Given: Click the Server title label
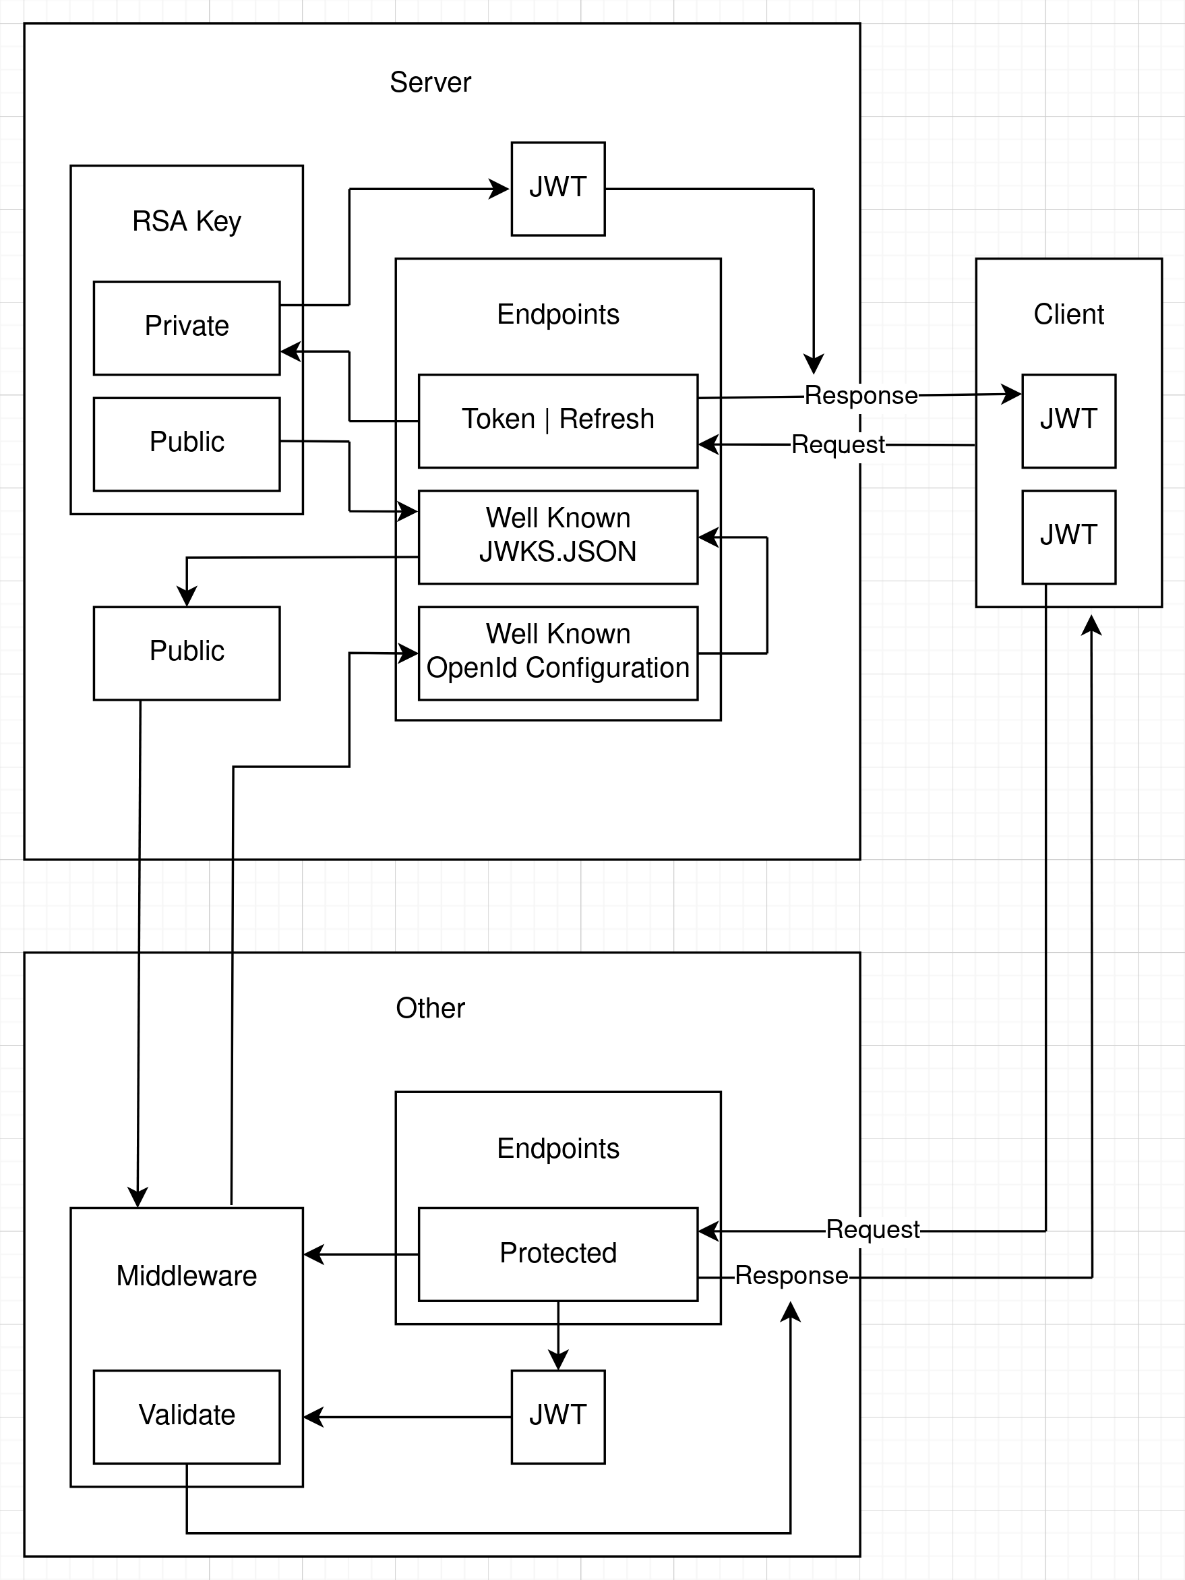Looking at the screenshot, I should (430, 83).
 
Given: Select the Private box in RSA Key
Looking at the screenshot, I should (186, 327).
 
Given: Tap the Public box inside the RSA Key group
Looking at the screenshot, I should (186, 443).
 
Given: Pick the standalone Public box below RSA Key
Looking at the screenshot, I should (186, 652).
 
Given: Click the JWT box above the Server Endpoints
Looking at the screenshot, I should (557, 189).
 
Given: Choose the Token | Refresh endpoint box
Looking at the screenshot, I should (557, 420).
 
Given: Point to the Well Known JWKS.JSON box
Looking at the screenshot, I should (557, 535).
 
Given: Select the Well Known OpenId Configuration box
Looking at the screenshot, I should (557, 652).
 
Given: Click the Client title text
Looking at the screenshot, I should (1068, 314).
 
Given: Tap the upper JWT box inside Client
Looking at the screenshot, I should (1068, 420).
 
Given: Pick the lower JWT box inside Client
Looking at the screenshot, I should (1068, 535).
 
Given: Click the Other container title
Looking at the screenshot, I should (430, 1008).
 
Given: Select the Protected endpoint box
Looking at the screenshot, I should (557, 1254).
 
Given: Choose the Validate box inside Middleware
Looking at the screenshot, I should (186, 1415).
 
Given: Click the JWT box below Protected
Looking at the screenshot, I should (557, 1415).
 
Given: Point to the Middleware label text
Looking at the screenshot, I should (186, 1276).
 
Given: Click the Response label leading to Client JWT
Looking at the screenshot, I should (860, 395).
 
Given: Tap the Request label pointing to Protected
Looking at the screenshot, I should (872, 1229).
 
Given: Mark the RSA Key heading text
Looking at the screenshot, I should (186, 221).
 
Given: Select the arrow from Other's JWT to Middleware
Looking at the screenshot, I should (407, 1416).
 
